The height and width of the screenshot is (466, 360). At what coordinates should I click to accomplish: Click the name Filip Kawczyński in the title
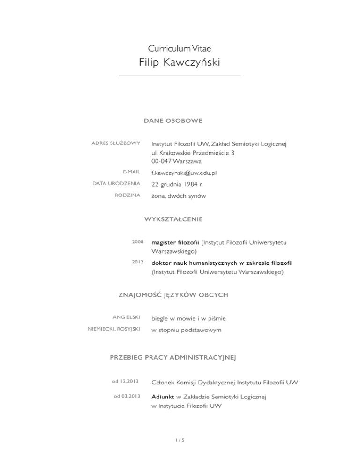pos(180,62)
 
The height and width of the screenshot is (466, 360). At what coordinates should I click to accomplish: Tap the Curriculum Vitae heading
pos(180,48)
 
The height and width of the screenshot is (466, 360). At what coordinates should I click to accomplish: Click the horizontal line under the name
pos(180,75)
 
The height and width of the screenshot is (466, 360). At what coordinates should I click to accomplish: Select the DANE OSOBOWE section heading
pos(173,121)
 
